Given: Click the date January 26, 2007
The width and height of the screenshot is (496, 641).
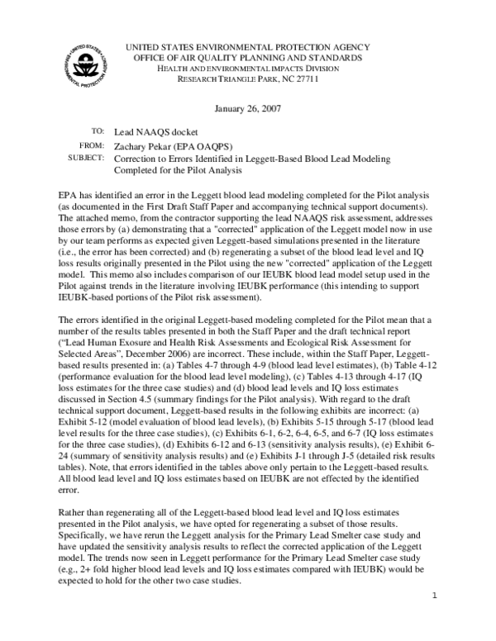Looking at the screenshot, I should coord(247,109).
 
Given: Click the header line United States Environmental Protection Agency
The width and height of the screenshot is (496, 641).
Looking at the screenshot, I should coord(247,47).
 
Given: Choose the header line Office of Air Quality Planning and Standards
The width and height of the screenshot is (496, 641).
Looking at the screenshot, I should coord(247,58).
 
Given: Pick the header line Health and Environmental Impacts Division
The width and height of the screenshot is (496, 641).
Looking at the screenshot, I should coord(247,69).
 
